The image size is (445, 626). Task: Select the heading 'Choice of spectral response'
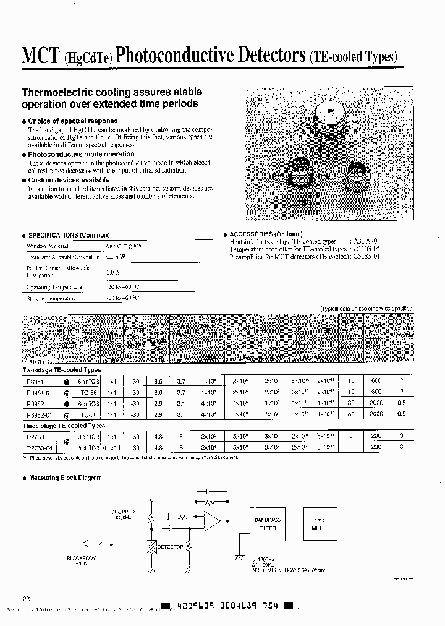73,121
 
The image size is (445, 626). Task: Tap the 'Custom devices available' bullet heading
69,180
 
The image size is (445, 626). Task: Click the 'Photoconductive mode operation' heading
81,154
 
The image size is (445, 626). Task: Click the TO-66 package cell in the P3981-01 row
83,392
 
